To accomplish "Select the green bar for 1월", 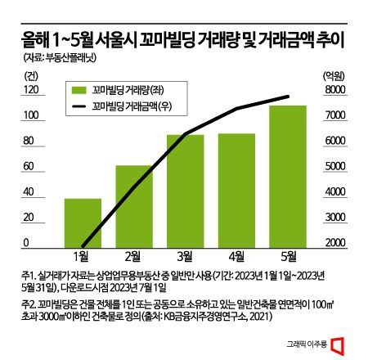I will point(83,222).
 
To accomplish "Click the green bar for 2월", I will point(133,205).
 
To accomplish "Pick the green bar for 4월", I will point(236,189).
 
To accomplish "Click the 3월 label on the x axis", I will point(185,256).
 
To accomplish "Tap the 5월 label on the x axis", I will point(288,256).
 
